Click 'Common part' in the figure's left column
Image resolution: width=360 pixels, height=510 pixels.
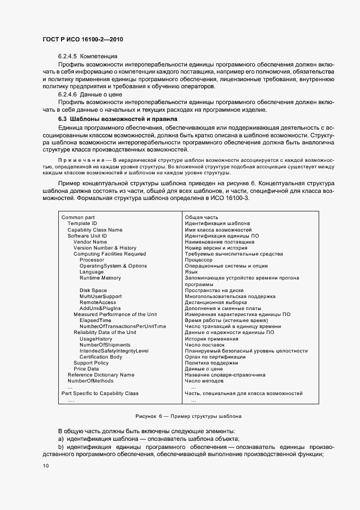78,217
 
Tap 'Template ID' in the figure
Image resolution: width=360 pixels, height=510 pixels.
82,223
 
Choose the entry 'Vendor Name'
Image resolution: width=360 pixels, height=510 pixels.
90,241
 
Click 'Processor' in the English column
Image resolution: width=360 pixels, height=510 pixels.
91,260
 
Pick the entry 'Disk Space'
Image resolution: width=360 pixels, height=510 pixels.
93,290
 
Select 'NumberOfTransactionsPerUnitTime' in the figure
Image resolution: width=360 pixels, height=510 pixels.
123,326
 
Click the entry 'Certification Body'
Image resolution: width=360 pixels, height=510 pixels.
101,357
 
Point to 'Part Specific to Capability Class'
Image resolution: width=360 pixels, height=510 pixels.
100,393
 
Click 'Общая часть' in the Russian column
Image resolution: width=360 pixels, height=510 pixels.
201,217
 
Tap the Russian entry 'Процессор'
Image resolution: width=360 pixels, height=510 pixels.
199,260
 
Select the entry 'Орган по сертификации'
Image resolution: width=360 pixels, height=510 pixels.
215,357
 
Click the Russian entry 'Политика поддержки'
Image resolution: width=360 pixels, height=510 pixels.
211,363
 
